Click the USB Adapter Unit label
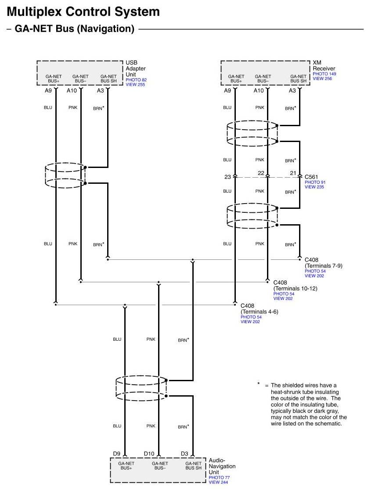click(135, 69)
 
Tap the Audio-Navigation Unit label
click(222, 466)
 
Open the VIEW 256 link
click(322, 78)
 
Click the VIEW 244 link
click(218, 482)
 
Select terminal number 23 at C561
click(227, 177)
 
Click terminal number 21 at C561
click(294, 173)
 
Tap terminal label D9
click(116, 453)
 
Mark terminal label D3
click(184, 453)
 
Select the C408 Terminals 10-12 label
click(295, 285)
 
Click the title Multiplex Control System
click(83, 11)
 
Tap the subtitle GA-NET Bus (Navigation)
click(74, 29)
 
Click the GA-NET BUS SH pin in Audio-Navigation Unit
click(193, 466)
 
